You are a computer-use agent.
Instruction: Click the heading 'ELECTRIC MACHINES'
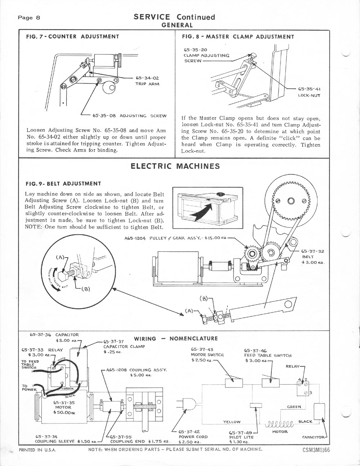(175, 166)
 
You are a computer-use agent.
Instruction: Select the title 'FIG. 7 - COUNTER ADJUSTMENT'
(72, 36)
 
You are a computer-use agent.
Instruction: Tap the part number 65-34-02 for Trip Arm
(147, 77)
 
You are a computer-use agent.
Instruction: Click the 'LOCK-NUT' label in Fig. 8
(309, 95)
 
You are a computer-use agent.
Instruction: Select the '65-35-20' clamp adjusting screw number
(195, 50)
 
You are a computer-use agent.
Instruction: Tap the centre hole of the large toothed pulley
(291, 201)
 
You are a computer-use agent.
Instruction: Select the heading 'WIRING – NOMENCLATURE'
(176, 339)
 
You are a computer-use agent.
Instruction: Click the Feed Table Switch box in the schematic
(271, 383)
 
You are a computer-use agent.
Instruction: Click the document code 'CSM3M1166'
(316, 451)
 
